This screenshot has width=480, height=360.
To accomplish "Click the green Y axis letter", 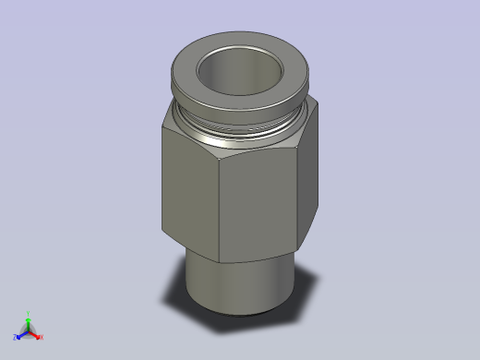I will (29, 313).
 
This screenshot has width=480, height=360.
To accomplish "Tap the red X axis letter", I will (42, 337).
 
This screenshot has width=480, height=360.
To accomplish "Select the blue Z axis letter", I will (17, 337).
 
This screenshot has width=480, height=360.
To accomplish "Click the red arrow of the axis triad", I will (36, 334).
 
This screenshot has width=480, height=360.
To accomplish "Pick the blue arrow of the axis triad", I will (22, 334).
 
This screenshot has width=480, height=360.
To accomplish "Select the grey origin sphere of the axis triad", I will (29, 331).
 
